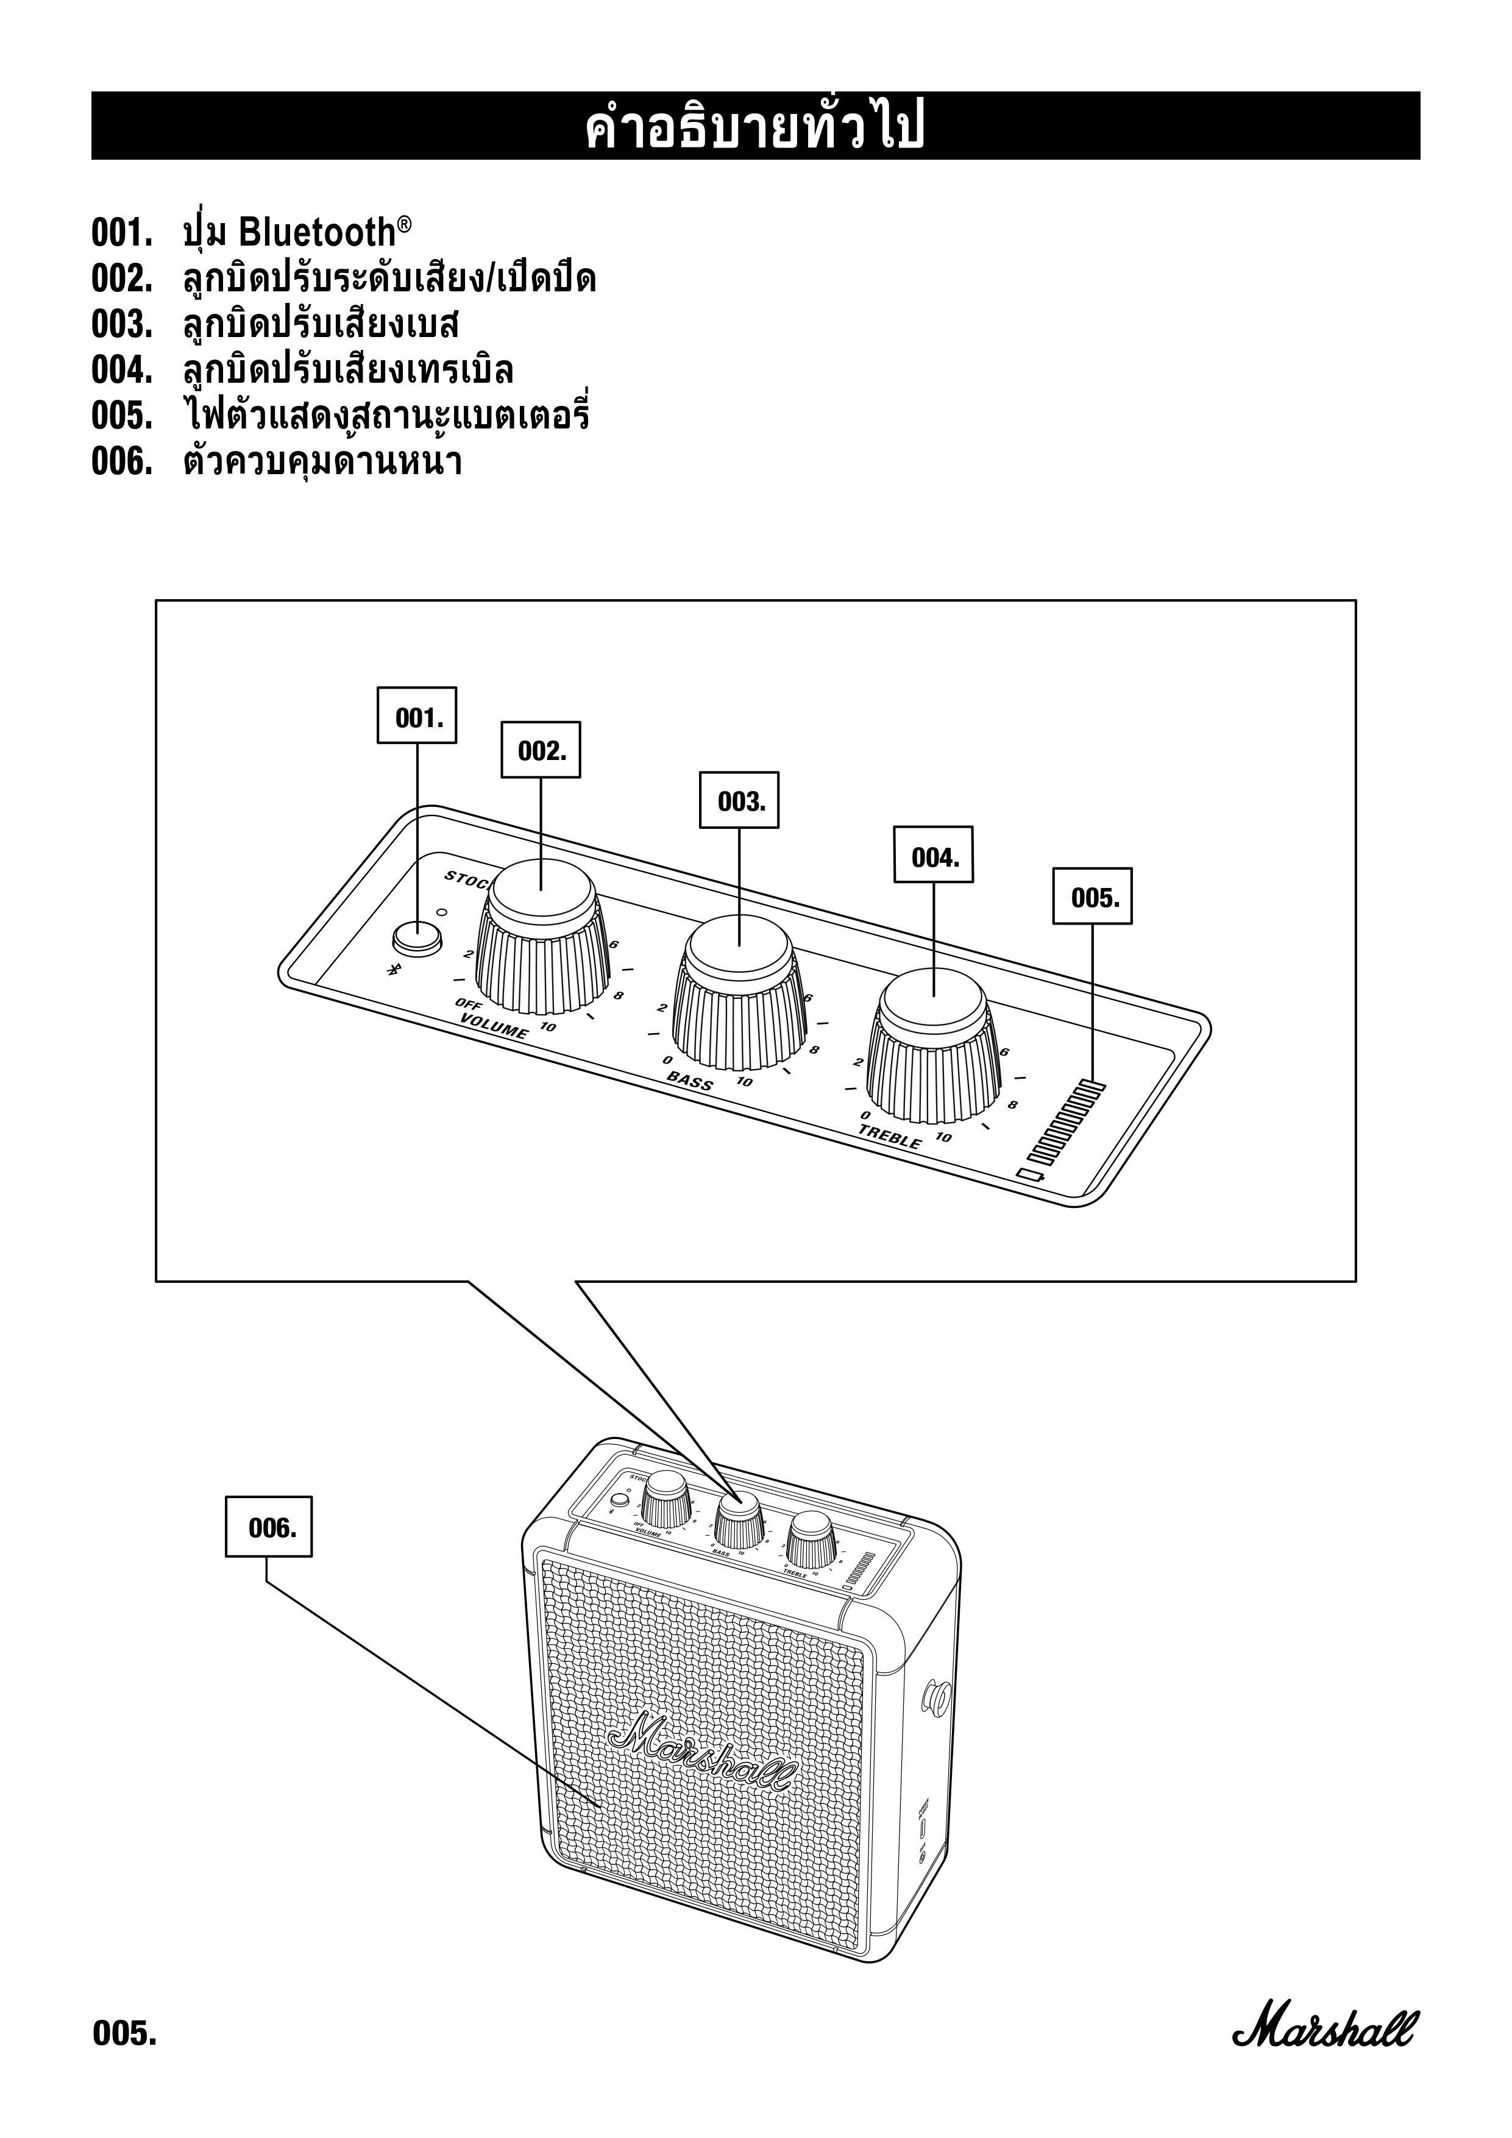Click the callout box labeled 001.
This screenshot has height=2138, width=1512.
[416, 715]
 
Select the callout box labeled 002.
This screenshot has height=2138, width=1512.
[541, 750]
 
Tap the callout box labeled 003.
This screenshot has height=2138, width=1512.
[739, 800]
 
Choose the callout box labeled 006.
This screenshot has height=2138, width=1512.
[269, 1527]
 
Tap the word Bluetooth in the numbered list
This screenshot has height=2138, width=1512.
[318, 232]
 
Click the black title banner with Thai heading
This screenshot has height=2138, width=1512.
[755, 126]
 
